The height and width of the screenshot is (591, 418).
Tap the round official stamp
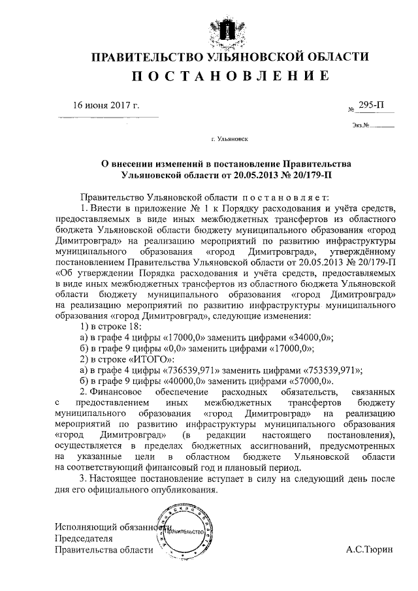point(186,532)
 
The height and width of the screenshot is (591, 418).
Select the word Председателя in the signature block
point(84,539)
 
